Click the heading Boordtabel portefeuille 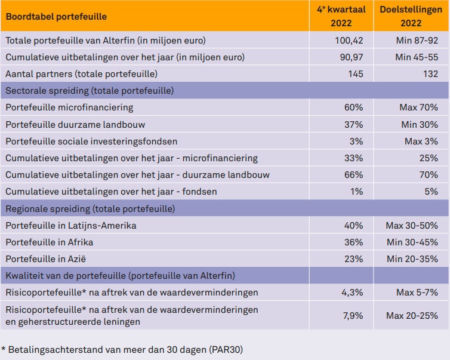coord(57,16)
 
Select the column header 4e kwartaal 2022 coord(341,16)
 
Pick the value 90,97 coord(351,57)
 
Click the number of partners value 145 coord(355,74)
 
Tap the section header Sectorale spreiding coord(90,91)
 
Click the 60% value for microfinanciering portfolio coord(353,107)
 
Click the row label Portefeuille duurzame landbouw coord(75,125)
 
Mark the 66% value coord(353,175)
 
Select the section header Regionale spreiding coord(90,209)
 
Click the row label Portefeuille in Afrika coord(50,242)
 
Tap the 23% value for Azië coord(353,259)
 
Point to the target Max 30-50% coord(412,226)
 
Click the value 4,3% coord(352,293)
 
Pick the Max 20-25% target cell coord(412,315)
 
